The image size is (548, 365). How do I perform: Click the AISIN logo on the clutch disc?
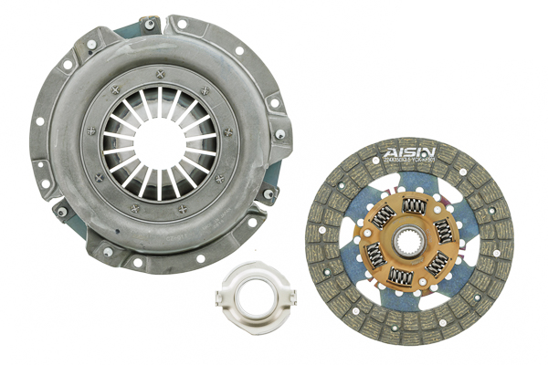click(x=410, y=151)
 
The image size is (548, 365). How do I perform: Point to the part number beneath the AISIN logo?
click(x=410, y=162)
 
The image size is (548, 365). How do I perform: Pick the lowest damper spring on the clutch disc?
click(x=401, y=276)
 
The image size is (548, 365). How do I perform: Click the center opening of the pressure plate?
click(x=159, y=141)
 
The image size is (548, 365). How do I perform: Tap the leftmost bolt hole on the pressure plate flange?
click(x=39, y=120)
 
